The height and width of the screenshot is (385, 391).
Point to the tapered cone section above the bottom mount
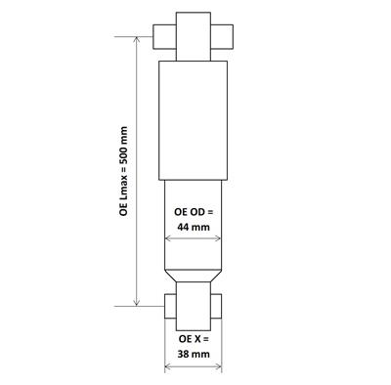[x=195, y=278]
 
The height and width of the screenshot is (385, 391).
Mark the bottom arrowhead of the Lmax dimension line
[x=136, y=303]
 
